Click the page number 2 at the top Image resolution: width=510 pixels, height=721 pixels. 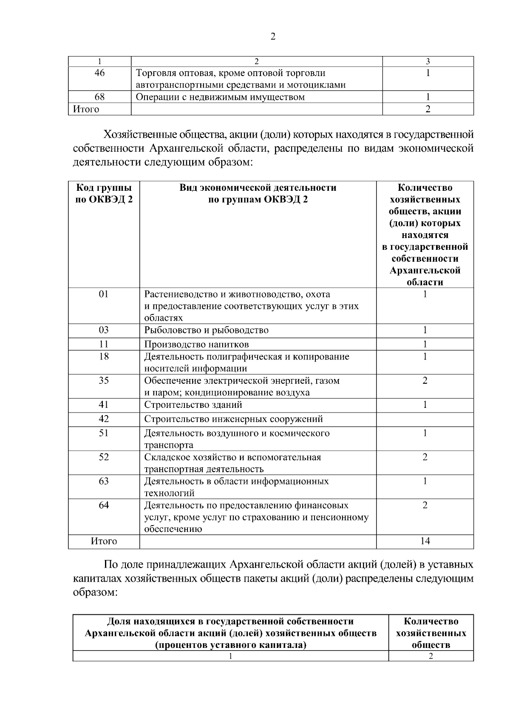coord(273,37)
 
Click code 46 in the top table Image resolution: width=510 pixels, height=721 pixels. coord(99,73)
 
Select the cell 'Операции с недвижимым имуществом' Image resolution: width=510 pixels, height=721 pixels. coord(220,97)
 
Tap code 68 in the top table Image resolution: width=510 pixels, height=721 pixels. coord(99,97)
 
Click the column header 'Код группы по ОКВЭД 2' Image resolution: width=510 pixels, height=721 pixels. coord(104,193)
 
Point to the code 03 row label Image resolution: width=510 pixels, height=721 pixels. coord(104,330)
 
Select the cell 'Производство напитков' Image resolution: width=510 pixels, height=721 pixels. coord(196,344)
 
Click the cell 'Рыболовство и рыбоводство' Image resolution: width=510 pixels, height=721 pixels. coord(207,330)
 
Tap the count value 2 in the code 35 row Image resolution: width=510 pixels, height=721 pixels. coord(425,380)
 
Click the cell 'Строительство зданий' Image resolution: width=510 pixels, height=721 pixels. coord(193,405)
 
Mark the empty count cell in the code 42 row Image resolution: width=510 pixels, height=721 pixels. coord(425,419)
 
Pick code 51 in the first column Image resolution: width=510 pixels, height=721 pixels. coord(104,433)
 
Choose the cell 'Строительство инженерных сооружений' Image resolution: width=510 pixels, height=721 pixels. coord(233,419)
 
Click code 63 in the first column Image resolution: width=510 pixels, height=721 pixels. coord(104,481)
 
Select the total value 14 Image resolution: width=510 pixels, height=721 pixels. coord(425,541)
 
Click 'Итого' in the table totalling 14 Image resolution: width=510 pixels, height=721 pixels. coord(104,541)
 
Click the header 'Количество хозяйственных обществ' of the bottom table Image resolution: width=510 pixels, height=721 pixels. coord(431,633)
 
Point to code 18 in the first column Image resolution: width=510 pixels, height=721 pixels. coord(104,356)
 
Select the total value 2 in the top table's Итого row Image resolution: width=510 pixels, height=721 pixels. coord(428,109)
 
